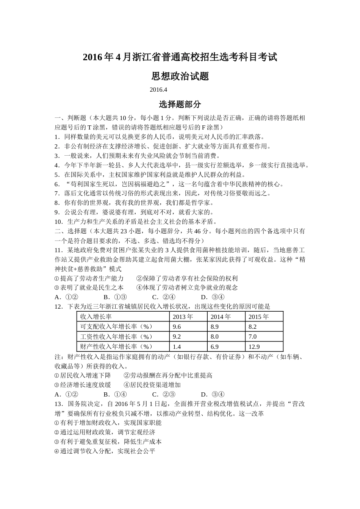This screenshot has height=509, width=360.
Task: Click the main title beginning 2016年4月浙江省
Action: tap(180, 58)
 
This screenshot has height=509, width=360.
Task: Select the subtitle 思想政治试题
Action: tap(180, 77)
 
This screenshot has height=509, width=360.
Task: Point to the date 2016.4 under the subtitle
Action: tap(158, 90)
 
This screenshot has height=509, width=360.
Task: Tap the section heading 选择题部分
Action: tap(180, 104)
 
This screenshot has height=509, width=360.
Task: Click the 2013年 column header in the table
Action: tap(183, 317)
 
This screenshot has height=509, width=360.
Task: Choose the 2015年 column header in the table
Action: tap(258, 317)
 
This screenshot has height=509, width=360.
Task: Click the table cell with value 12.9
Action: tap(254, 347)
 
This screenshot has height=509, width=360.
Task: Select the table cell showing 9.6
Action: tap(177, 326)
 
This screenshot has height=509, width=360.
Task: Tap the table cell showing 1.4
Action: tap(177, 347)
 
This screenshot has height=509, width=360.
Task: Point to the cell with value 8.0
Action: tap(214, 336)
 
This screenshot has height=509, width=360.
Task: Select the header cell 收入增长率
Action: tap(95, 317)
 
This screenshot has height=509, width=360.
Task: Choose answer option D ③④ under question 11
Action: tap(213, 297)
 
